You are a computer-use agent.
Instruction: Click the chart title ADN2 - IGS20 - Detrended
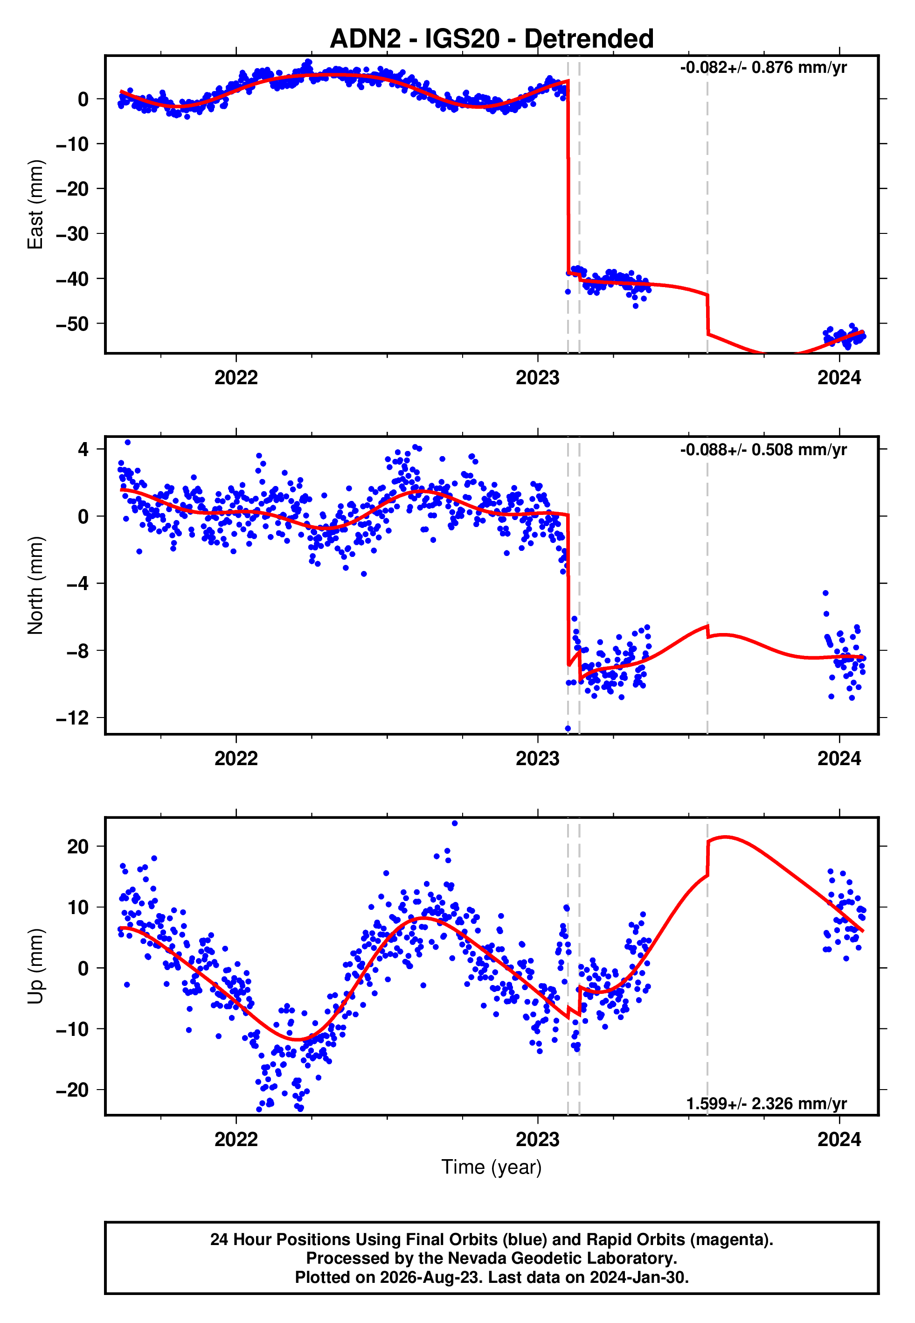pos(492,38)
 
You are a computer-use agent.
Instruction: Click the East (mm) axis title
pos(35,204)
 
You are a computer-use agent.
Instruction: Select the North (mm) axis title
pos(35,585)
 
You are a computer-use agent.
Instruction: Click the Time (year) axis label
pos(492,1167)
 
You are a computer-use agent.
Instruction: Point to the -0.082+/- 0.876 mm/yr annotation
pos(763,68)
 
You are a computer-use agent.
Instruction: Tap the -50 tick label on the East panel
pos(72,324)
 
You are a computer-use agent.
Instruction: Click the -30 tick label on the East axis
pos(72,234)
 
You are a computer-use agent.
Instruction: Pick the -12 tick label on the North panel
pos(72,718)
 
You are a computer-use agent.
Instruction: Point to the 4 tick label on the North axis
pos(83,449)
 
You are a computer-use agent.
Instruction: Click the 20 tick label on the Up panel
pos(78,846)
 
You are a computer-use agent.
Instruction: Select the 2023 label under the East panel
pos(537,378)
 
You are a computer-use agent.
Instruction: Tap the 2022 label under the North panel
pos(236,759)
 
